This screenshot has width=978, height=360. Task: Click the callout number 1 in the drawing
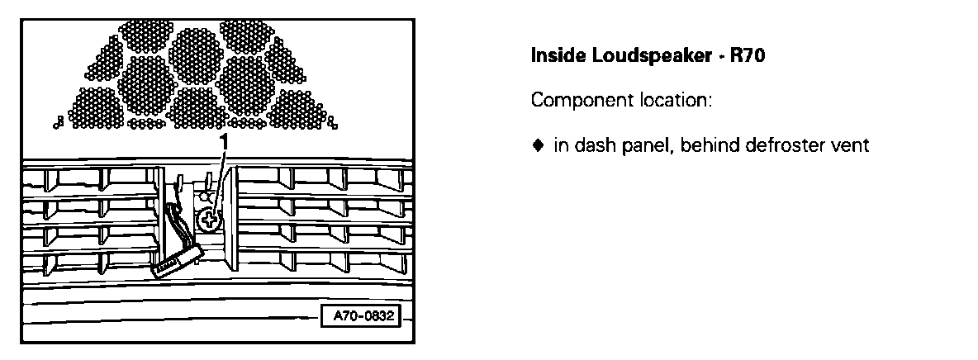tap(222, 142)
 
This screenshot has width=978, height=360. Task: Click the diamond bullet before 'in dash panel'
tap(537, 146)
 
